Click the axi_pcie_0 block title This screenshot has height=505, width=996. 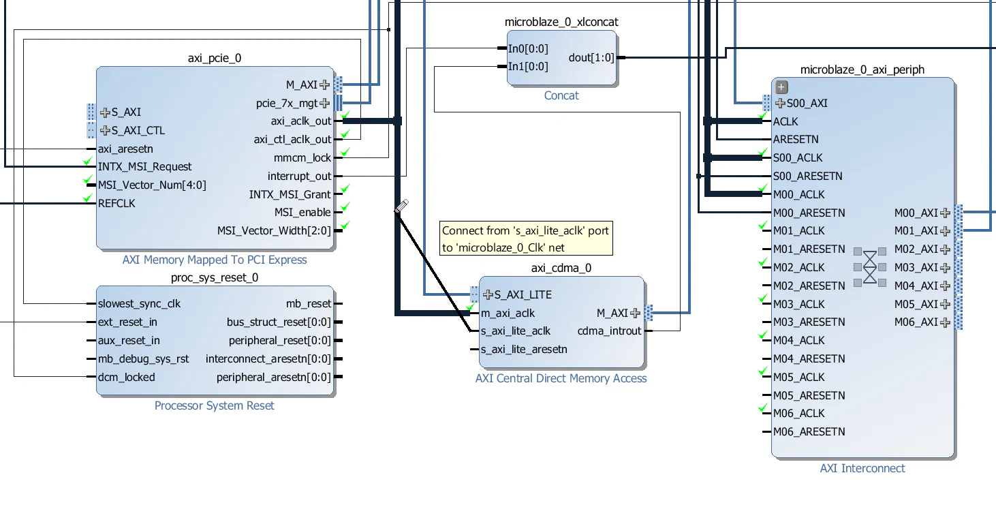(x=214, y=59)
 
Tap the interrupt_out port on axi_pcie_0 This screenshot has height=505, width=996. (x=299, y=176)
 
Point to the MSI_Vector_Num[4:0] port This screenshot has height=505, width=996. (x=151, y=185)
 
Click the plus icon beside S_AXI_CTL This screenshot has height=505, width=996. (x=105, y=130)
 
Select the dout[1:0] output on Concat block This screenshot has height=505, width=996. (x=591, y=58)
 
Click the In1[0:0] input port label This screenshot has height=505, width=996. (x=528, y=67)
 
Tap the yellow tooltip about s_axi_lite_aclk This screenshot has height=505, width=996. (x=525, y=239)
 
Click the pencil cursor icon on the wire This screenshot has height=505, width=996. (x=401, y=206)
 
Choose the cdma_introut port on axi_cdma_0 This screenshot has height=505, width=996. (x=609, y=331)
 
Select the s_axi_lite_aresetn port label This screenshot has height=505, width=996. (x=524, y=350)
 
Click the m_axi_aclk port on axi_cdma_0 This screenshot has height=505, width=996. (x=508, y=313)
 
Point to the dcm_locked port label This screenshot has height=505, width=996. (x=126, y=377)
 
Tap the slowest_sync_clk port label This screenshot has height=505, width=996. (x=139, y=304)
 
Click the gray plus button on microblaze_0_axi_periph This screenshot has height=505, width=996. (x=782, y=87)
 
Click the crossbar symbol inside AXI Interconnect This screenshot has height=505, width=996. (x=870, y=266)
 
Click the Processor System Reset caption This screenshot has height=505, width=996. (x=214, y=405)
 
